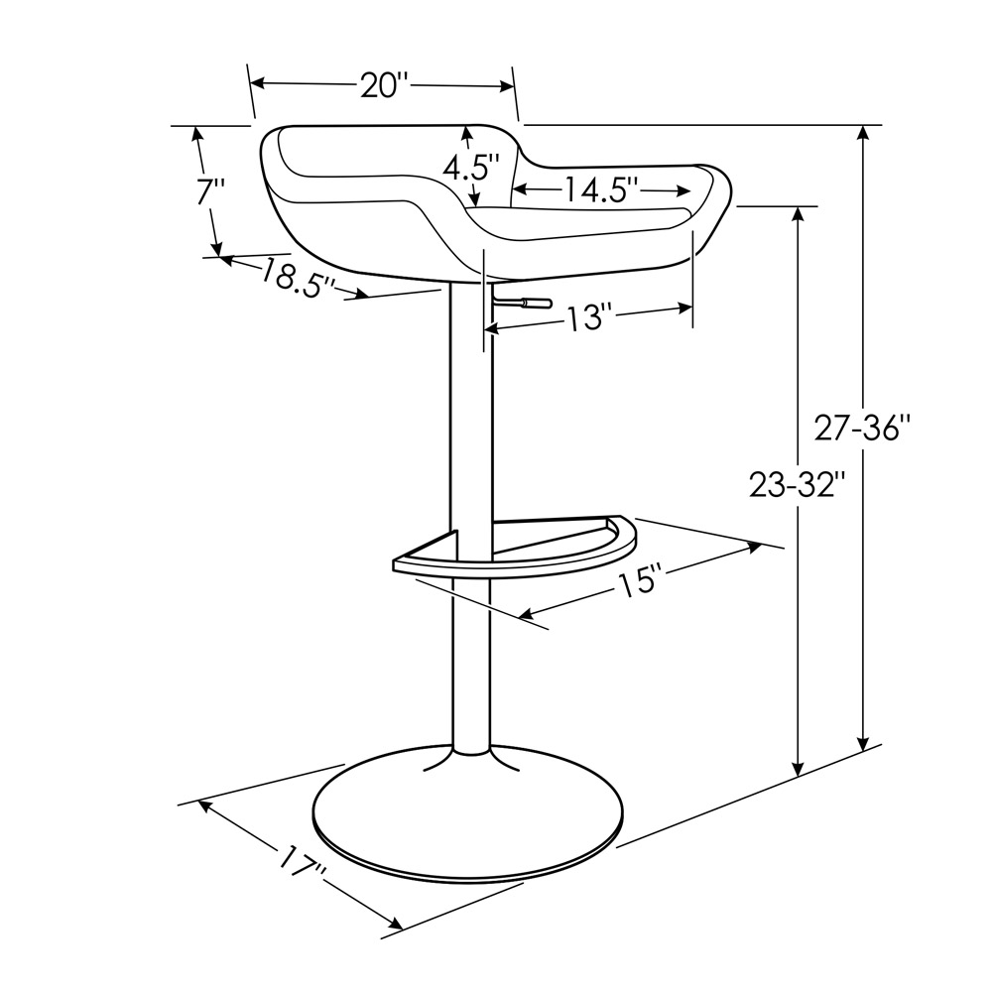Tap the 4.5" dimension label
point(470,167)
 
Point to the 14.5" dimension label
point(601,188)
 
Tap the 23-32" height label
point(797,485)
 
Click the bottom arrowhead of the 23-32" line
point(798,768)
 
